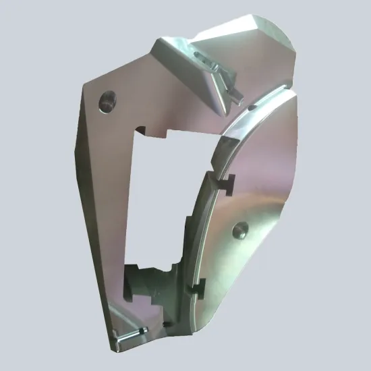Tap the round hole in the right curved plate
[x=239, y=231]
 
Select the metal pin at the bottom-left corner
[x=132, y=334]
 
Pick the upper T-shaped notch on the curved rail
[x=225, y=181]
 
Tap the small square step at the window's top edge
[x=143, y=129]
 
